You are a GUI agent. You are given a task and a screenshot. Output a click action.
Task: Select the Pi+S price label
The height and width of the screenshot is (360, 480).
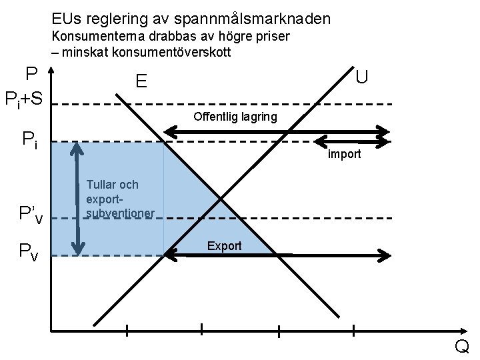pyautogui.click(x=24, y=100)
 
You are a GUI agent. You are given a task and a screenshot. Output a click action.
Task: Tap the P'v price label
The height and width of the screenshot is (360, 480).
pyautogui.click(x=31, y=215)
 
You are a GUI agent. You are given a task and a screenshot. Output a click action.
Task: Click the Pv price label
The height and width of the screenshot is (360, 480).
pyautogui.click(x=29, y=251)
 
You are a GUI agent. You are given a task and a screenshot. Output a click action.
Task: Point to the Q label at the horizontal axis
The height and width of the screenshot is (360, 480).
pyautogui.click(x=461, y=347)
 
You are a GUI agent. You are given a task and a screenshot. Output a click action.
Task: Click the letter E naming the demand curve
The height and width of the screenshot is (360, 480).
pyautogui.click(x=141, y=82)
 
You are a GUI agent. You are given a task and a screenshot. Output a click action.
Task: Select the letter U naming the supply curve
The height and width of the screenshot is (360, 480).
pyautogui.click(x=361, y=77)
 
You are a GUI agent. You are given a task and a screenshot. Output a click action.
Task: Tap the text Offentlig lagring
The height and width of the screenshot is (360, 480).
pyautogui.click(x=235, y=117)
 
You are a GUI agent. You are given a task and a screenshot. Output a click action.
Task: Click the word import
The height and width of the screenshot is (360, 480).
pyautogui.click(x=344, y=154)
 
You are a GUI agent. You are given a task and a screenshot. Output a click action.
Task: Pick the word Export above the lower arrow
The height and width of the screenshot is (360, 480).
pyautogui.click(x=224, y=246)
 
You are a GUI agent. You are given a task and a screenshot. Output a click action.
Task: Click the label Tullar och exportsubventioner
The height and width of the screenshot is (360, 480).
pyautogui.click(x=120, y=199)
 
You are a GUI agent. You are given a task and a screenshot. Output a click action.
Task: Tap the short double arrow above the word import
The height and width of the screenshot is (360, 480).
pyautogui.click(x=351, y=141)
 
